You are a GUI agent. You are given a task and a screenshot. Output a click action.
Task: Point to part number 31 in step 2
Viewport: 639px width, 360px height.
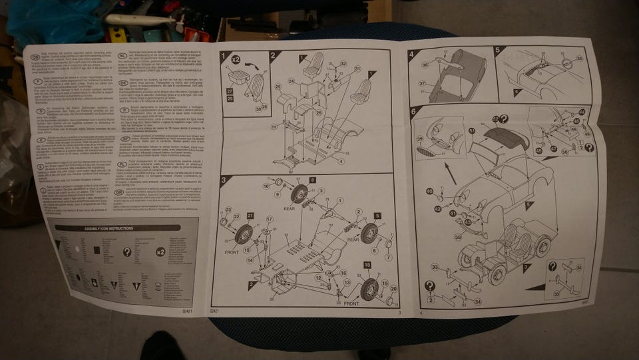[358, 69]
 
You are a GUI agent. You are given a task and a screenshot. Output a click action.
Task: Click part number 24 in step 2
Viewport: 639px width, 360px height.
[291, 81]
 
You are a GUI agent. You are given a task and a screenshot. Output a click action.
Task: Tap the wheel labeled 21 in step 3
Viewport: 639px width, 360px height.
[244, 233]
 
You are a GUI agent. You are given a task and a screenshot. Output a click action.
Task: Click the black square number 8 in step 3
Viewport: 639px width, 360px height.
[312, 180]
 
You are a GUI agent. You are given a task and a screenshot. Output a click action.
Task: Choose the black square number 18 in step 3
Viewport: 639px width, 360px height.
[367, 266]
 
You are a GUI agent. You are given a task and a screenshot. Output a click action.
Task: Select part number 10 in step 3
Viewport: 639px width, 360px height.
[266, 186]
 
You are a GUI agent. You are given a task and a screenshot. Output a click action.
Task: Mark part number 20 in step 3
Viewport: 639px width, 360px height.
[393, 288]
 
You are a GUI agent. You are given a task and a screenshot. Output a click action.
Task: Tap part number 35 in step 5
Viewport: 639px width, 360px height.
[578, 59]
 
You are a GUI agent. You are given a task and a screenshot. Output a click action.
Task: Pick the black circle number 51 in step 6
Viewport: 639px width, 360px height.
[472, 132]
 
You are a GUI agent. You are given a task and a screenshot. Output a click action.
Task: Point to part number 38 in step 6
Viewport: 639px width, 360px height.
[458, 236]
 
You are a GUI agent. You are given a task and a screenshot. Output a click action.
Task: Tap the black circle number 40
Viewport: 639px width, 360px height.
[430, 192]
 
